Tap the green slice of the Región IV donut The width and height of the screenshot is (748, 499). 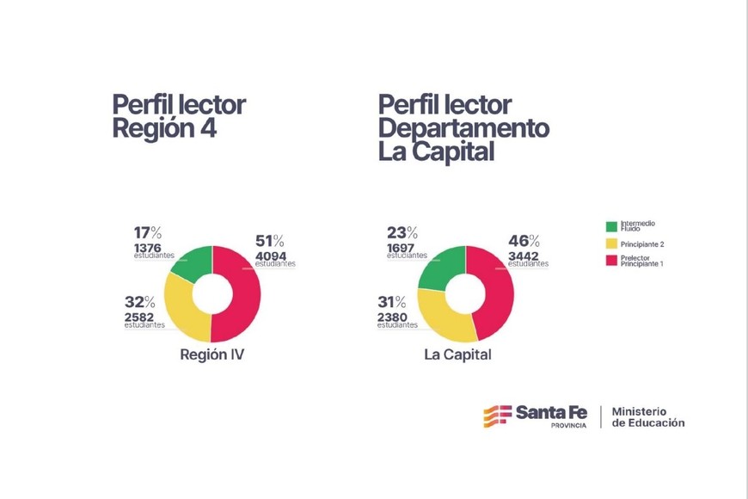[x=193, y=263]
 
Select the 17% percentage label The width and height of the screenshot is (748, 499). [x=147, y=232]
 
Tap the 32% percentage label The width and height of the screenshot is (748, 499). [x=139, y=302]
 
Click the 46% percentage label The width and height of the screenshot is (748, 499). [x=523, y=241]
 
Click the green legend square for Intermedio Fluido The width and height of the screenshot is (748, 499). [x=611, y=227]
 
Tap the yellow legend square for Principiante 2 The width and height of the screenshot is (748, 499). [x=611, y=244]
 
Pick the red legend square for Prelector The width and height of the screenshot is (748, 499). [x=611, y=262]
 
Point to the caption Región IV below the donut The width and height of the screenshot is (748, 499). [x=212, y=354]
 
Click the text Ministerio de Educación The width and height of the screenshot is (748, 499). [x=648, y=417]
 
